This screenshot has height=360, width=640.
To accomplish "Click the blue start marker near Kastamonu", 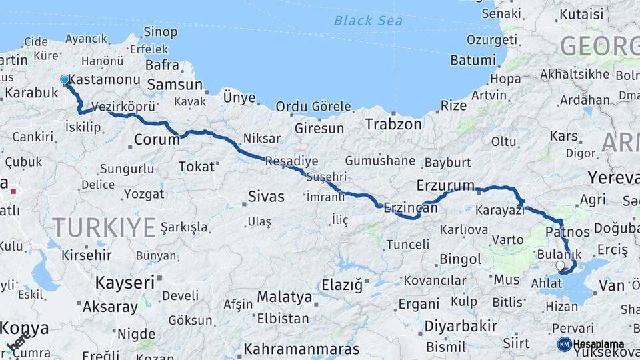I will (65, 79).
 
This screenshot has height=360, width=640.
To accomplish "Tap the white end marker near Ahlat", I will (560, 265).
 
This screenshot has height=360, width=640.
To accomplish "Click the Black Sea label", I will (368, 21).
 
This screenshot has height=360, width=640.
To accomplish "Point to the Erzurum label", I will (445, 185).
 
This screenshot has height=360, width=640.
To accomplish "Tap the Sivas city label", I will (266, 197).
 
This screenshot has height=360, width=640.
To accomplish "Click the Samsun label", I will (175, 85).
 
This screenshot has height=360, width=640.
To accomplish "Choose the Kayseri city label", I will (125, 282).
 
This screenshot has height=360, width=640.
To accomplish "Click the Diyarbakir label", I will (461, 326).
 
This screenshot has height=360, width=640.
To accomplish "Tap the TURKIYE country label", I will (104, 228).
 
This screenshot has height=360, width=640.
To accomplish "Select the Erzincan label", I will (411, 208).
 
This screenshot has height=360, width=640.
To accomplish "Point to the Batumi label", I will (473, 60).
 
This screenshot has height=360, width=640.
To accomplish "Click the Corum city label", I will (157, 140).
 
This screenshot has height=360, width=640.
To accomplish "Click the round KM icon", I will (564, 344).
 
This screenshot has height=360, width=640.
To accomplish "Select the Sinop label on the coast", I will (161, 31).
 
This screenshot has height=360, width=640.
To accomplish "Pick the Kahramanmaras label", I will (301, 349).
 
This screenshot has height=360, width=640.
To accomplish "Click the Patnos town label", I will (567, 232).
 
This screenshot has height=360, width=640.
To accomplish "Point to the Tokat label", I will (196, 166).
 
